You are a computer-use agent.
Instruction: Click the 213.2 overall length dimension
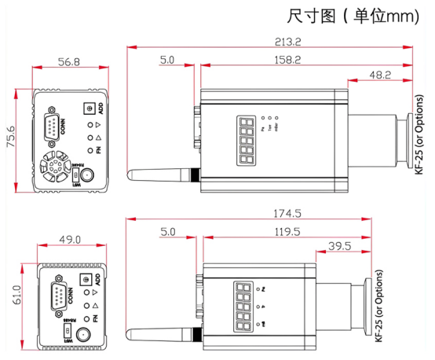267,41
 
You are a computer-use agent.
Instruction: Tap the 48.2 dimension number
379,75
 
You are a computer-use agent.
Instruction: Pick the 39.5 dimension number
340,246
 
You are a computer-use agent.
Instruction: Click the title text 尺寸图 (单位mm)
353,16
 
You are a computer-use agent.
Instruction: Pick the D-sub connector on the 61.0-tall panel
64,297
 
